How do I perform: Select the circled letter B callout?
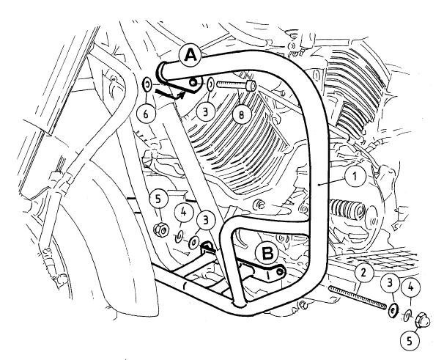(268, 254)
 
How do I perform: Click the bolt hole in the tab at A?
(193, 83)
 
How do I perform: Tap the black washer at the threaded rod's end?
(393, 311)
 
